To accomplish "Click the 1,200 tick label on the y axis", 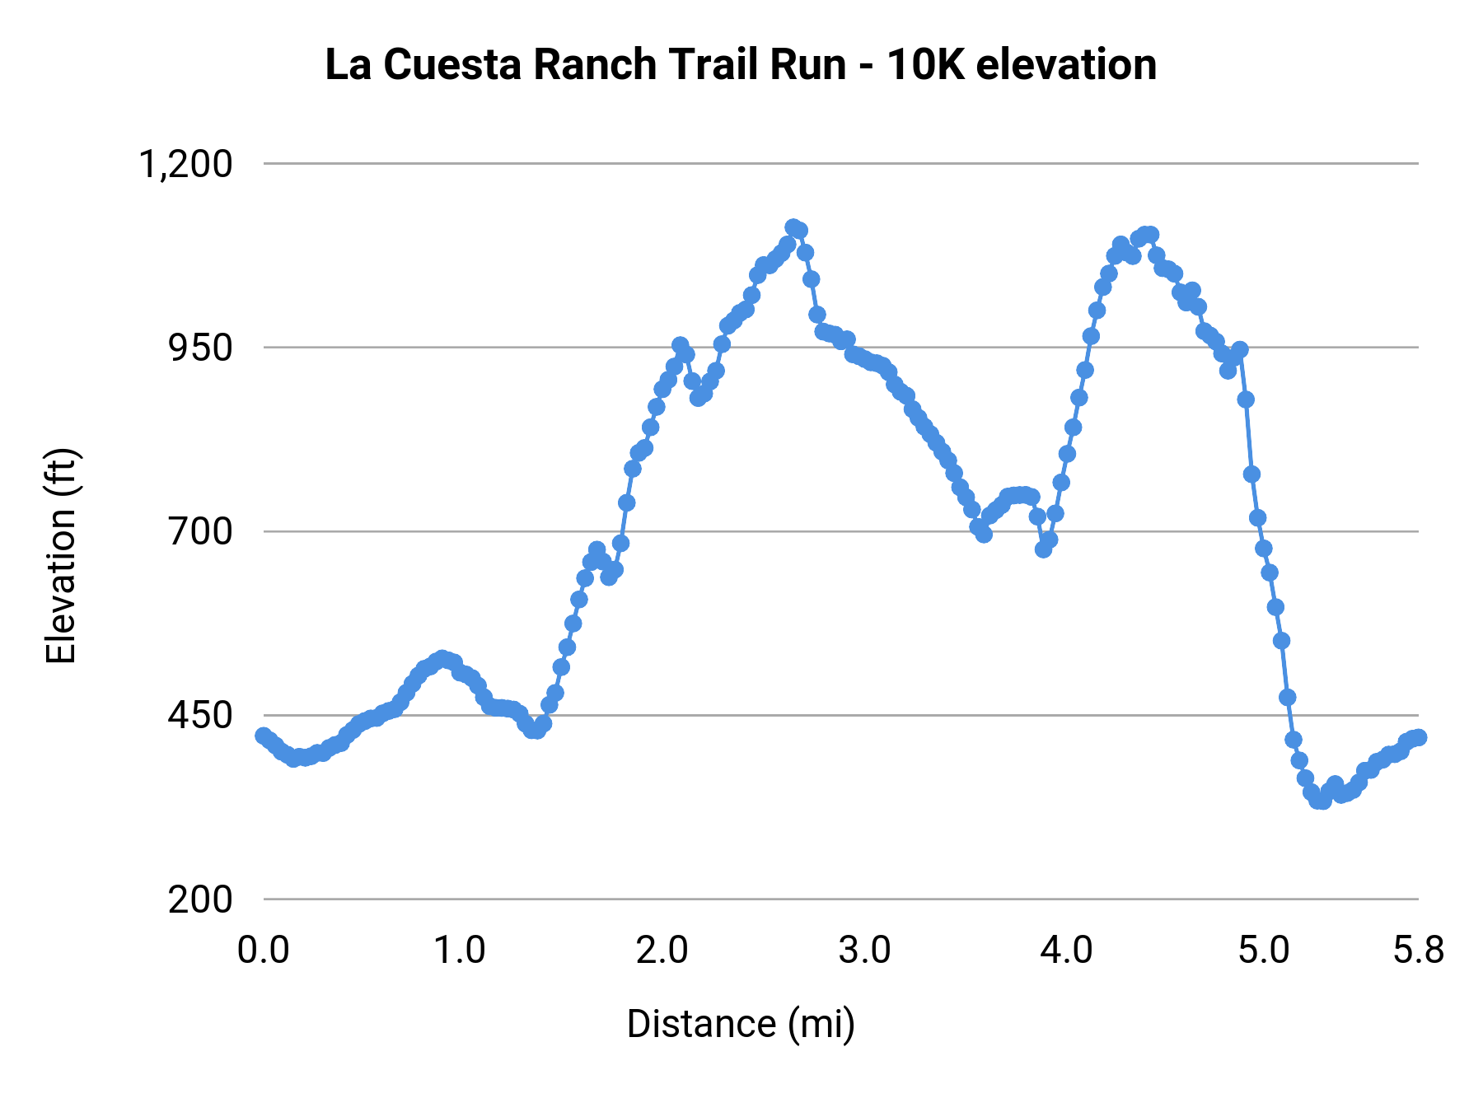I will [185, 164].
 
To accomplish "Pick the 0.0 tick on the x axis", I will [264, 951].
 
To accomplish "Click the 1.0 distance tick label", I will [460, 951].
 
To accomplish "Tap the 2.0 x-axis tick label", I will [662, 951].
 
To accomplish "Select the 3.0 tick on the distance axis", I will [864, 951].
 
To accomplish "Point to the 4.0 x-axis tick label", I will [1066, 951].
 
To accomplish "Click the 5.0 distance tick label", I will [1264, 951].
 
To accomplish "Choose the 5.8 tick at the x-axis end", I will [1418, 951].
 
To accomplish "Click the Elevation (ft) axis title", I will [61, 556].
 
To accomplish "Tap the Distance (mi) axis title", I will [741, 1024].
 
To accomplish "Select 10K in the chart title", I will [925, 64].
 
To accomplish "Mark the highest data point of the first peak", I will [793, 227].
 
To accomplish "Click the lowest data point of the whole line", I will [1321, 801].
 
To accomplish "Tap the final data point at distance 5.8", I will [1418, 737].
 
